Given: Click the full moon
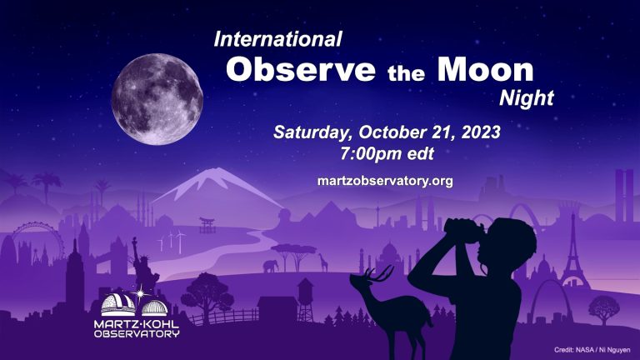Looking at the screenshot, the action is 157,99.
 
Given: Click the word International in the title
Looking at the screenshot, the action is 278,39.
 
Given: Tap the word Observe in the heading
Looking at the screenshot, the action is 300,69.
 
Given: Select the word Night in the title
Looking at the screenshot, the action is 527,98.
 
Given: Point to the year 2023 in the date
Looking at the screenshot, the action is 481,132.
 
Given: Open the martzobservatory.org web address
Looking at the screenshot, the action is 385,181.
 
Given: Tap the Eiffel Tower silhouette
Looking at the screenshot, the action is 573,253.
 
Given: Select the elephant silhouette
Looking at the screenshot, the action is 271,266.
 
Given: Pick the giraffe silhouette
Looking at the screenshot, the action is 323,262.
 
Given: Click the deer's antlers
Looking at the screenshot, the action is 381,273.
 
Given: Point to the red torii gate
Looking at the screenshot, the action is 207,225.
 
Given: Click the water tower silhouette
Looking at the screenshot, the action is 305,299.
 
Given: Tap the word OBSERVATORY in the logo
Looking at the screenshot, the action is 137,334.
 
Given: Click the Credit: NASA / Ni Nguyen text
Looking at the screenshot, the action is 592,350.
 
